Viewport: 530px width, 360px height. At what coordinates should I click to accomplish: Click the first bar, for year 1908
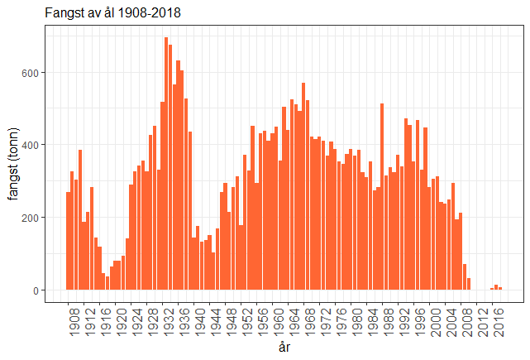[69, 241]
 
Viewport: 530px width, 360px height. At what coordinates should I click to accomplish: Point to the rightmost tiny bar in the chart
[499, 289]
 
